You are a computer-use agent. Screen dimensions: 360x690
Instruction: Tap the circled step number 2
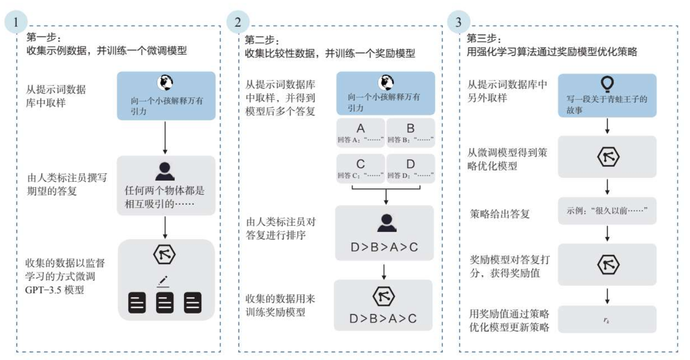click(x=237, y=23)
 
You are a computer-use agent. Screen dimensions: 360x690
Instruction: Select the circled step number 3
click(x=458, y=23)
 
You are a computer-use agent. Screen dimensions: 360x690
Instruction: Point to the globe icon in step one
click(x=164, y=83)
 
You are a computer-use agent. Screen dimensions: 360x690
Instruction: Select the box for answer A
click(x=361, y=133)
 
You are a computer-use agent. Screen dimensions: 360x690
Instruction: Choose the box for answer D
click(x=410, y=168)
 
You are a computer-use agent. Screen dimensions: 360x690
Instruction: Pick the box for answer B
click(x=410, y=133)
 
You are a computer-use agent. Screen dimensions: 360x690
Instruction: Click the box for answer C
click(x=361, y=168)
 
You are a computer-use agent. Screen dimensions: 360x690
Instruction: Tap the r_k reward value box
click(x=607, y=319)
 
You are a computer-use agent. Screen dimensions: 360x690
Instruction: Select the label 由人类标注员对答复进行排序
click(x=281, y=229)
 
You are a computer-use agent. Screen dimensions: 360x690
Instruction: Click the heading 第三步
click(x=484, y=38)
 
